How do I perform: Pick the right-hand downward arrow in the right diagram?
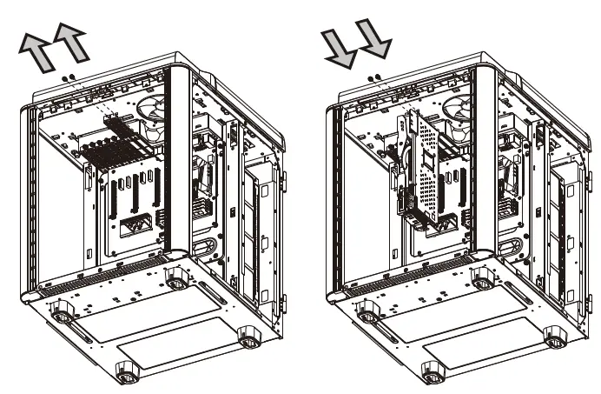point(373,42)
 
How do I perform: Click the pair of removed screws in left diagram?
point(69,78)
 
